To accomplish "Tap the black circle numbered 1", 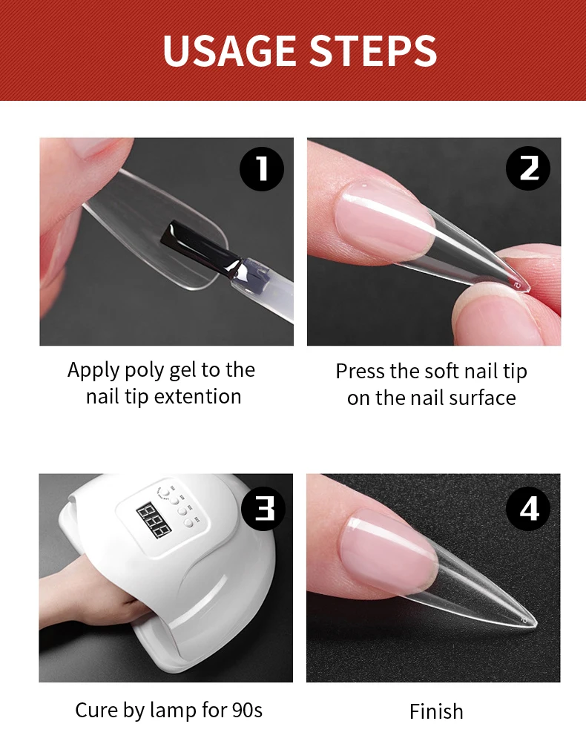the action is click(262, 168).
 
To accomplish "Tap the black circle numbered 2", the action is click(528, 168).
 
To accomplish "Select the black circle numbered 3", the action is click(263, 509).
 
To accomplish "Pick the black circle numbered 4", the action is click(528, 509).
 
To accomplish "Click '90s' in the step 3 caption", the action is click(247, 711).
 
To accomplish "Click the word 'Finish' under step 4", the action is click(436, 711).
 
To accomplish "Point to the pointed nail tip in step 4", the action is click(536, 624).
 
